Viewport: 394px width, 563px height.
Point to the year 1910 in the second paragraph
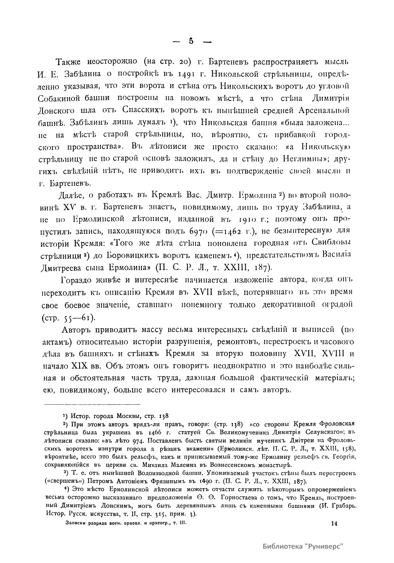coord(239,219)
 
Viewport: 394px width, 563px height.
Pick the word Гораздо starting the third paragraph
coord(77,280)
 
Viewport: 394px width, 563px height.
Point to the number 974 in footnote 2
coord(136,440)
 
